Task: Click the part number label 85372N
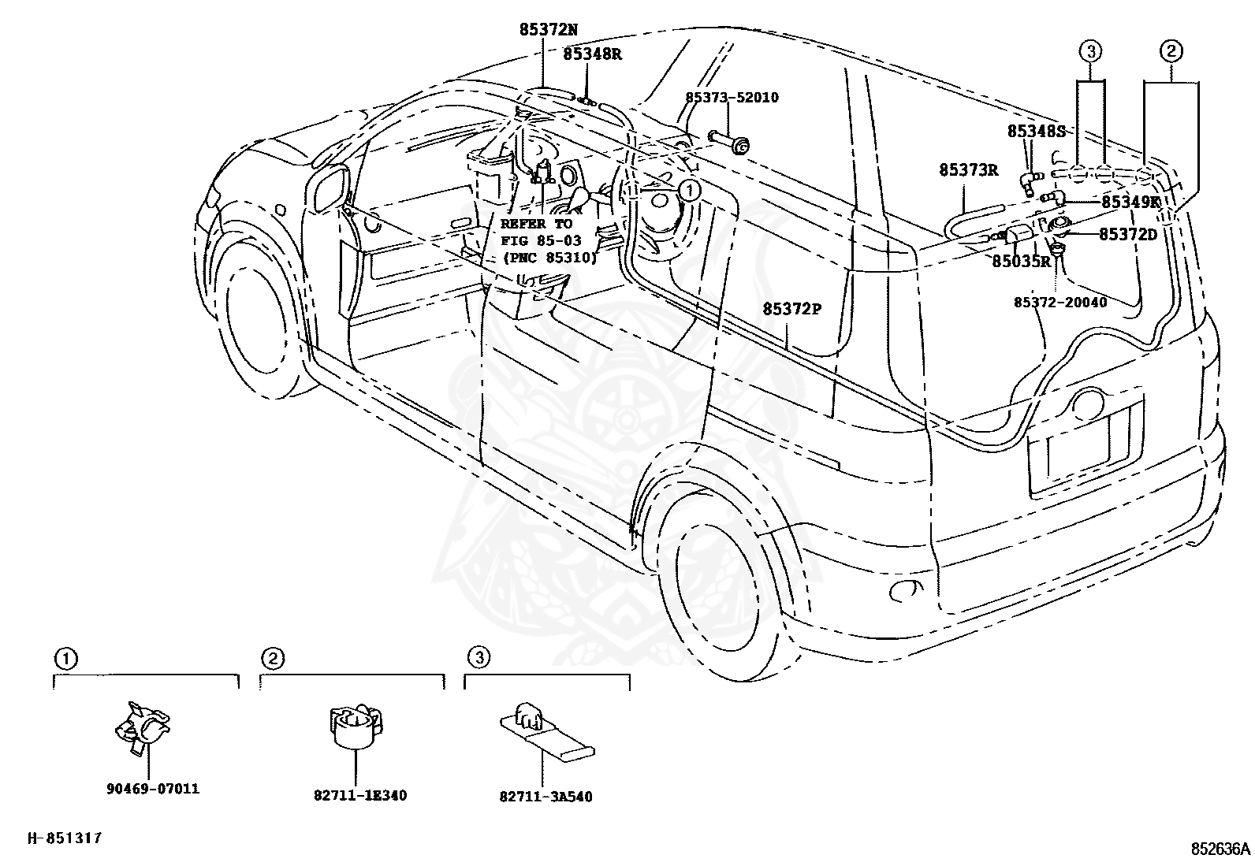(547, 29)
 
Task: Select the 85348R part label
(592, 54)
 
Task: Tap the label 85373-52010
(732, 98)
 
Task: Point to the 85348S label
(1036, 132)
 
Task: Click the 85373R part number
(968, 169)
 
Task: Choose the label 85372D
(1128, 234)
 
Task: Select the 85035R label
(1022, 261)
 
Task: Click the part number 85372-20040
(1060, 303)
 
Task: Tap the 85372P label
(791, 309)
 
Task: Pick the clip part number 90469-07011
(153, 789)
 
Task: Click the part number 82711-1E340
(360, 795)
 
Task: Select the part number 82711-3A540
(546, 796)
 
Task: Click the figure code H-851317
(65, 838)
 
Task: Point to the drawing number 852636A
(1220, 849)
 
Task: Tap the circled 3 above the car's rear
(1090, 51)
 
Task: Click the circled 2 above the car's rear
(1171, 51)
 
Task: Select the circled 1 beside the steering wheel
(690, 191)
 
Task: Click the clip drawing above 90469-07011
(142, 727)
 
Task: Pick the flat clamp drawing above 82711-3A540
(546, 731)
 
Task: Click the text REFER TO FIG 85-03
(541, 232)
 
